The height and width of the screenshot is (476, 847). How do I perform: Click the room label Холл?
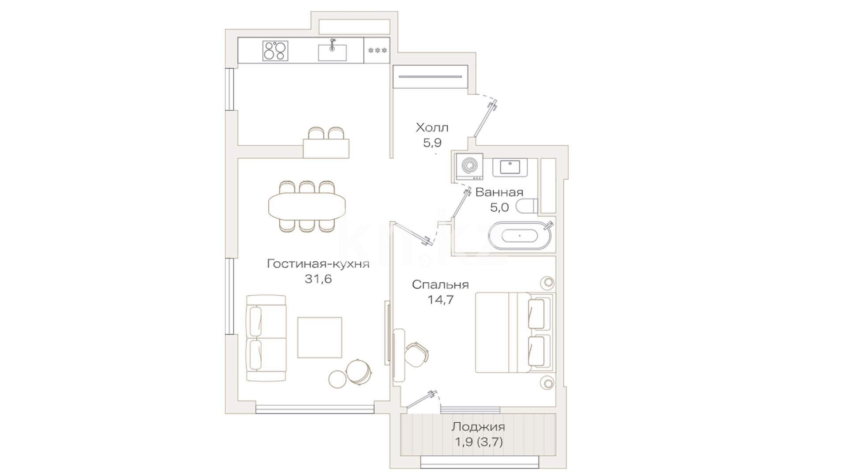[432, 128]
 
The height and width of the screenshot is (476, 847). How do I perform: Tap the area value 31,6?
[318, 279]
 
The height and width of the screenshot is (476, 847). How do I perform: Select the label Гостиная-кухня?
[318, 264]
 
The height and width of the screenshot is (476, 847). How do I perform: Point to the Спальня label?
[440, 285]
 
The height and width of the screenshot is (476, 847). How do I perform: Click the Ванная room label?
[499, 192]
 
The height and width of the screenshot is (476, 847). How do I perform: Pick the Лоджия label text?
[478, 427]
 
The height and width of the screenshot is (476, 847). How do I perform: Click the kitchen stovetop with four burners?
[275, 50]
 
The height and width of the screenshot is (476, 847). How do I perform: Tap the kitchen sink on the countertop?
[332, 52]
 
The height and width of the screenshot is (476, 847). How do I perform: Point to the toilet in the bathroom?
[527, 206]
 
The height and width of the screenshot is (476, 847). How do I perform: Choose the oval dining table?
[307, 206]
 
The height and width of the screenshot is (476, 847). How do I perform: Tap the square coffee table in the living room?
[320, 338]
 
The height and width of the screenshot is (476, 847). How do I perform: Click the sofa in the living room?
[266, 338]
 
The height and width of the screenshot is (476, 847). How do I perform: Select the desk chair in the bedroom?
[416, 355]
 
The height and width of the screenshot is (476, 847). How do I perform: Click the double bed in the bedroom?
[515, 332]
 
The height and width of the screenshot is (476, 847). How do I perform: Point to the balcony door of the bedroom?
[421, 400]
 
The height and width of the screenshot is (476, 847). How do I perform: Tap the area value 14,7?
[440, 300]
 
